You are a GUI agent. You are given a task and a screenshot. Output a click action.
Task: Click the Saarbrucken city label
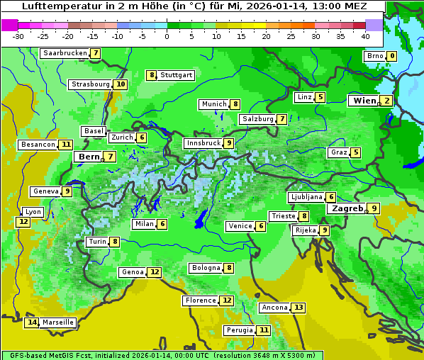pos(65,53)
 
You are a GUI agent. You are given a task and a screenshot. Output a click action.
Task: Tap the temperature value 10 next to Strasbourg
pos(121,84)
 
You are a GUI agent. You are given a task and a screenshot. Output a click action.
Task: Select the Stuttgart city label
pos(176,75)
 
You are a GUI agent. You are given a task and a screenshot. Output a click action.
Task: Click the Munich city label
pos(213,104)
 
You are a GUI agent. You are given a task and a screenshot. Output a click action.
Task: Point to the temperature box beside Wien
pos(386,101)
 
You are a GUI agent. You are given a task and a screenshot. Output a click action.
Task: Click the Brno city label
pos(374,56)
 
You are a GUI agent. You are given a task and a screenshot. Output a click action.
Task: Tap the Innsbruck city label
pos(203,143)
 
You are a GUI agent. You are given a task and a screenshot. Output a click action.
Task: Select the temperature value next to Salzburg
pos(282,119)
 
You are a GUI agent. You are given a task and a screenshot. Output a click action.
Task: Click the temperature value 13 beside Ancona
pos(299,308)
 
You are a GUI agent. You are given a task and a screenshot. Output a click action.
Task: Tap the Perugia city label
pos(239,330)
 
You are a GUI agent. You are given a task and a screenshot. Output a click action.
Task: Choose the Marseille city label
pos(58,322)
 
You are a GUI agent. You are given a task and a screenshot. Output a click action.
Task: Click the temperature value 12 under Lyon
pos(23,222)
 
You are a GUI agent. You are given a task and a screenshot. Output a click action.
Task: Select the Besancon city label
pos(38,145)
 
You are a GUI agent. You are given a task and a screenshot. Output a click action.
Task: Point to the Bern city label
pos(89,157)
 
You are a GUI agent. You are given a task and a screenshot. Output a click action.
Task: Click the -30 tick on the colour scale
pos(18,36)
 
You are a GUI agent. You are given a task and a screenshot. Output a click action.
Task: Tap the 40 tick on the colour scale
pos(365,36)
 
